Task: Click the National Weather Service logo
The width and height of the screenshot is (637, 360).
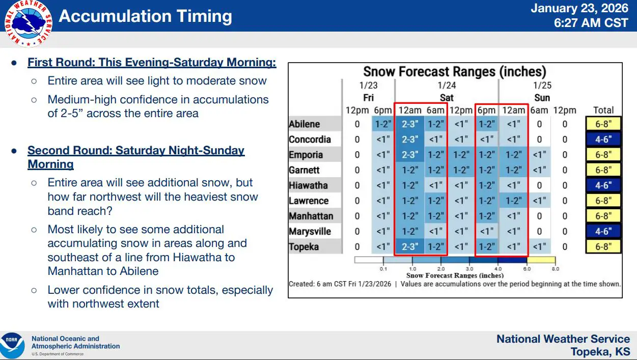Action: [x=28, y=23]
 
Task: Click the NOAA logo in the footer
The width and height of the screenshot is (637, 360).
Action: [x=12, y=346]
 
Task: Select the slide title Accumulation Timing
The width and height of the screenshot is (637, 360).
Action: [x=145, y=16]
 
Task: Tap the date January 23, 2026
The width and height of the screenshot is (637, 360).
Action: [x=579, y=8]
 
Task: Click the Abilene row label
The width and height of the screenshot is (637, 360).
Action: [x=304, y=124]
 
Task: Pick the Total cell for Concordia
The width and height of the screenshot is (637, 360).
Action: [x=603, y=140]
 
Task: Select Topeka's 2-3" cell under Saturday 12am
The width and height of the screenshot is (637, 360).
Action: [x=410, y=246]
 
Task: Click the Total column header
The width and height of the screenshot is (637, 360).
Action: [x=603, y=110]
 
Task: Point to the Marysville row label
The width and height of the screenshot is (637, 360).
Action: [x=310, y=232]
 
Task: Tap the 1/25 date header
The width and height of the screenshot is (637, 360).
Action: [x=542, y=86]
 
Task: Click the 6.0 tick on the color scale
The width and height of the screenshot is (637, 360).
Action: [x=527, y=269]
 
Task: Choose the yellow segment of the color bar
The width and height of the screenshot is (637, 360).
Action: [x=541, y=260]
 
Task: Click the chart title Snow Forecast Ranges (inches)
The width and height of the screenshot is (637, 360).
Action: [x=455, y=71]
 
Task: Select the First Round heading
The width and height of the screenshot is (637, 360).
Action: [x=152, y=62]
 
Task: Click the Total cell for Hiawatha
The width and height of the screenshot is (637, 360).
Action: [x=603, y=185]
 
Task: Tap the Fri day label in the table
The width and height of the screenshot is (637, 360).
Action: [x=368, y=98]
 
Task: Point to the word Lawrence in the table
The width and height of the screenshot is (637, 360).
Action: [x=309, y=201]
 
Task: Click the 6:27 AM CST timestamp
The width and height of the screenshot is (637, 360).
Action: [x=591, y=23]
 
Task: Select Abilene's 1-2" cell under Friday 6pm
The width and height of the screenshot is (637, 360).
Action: [x=383, y=124]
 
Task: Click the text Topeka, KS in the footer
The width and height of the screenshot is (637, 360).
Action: [x=600, y=352]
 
